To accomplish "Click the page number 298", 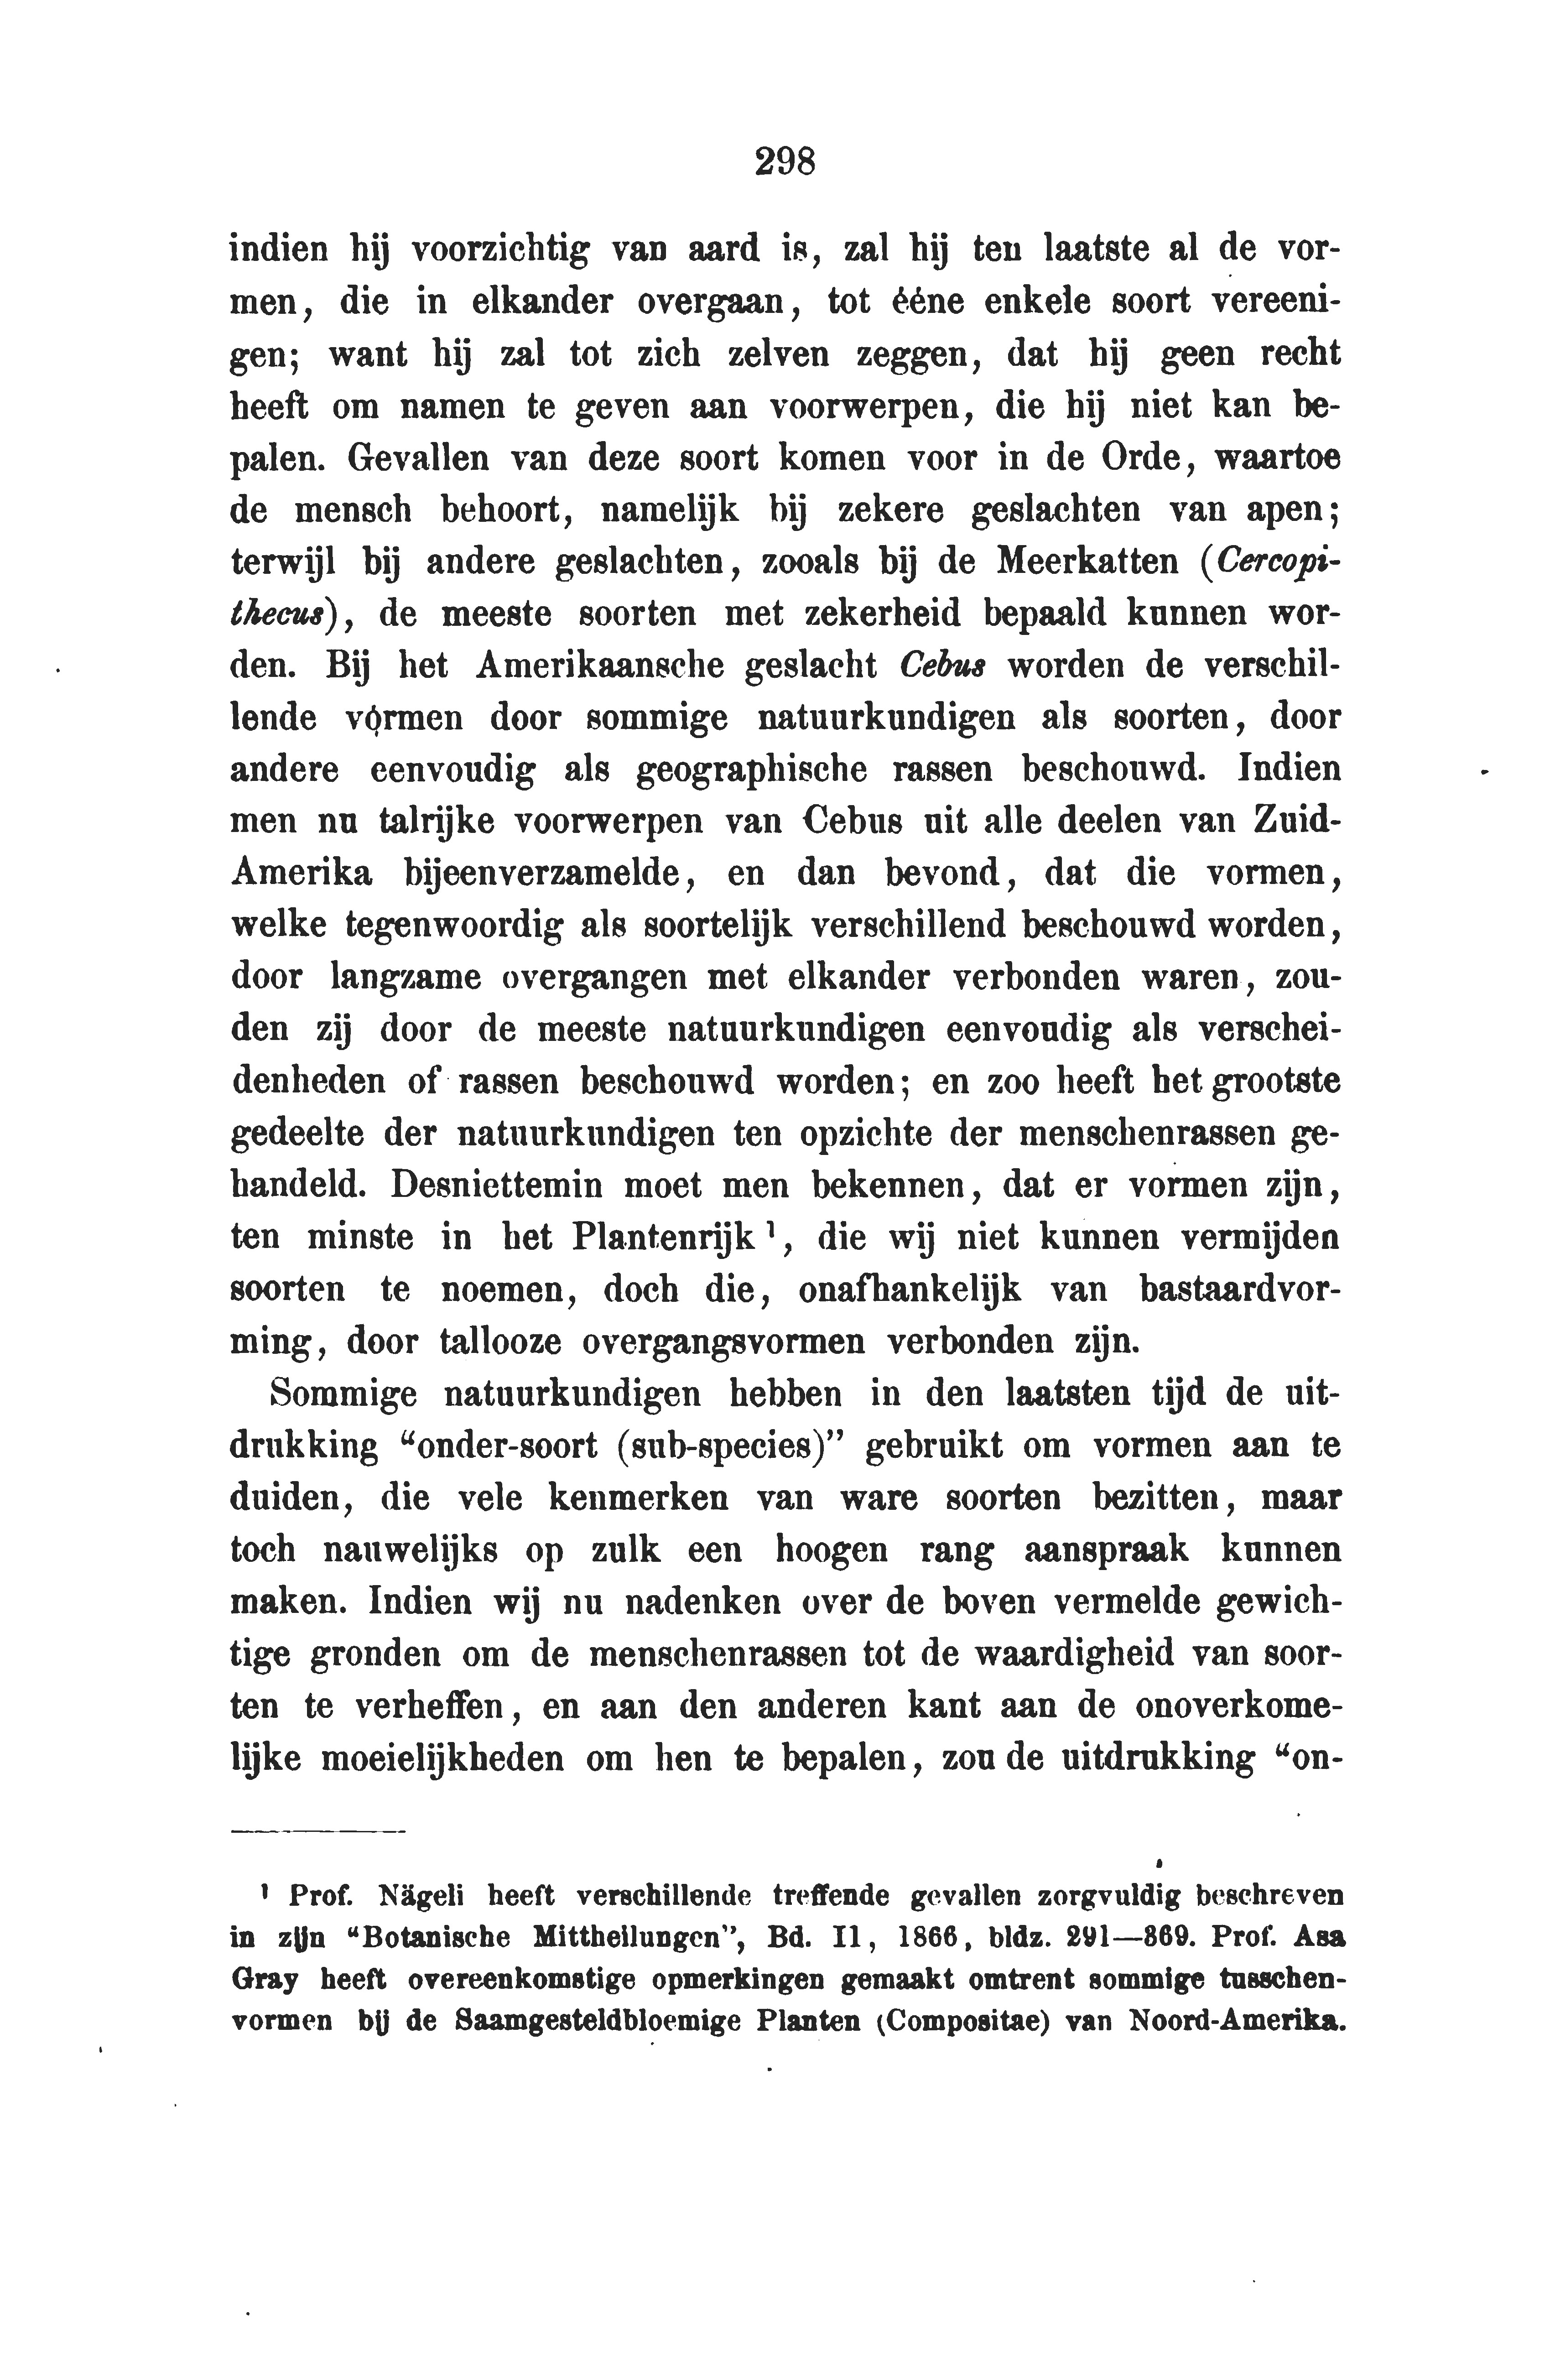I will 784,161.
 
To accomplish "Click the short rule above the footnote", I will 317,1831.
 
